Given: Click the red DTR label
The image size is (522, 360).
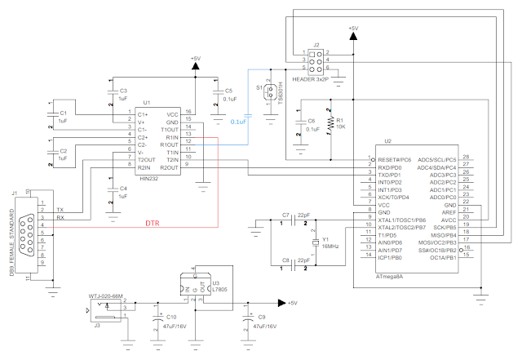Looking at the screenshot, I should [152, 223].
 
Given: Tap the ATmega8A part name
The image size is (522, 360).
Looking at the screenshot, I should [388, 277].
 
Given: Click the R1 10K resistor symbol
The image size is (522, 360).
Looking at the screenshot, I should [330, 123].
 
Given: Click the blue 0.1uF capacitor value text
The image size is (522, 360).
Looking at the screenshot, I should [241, 122].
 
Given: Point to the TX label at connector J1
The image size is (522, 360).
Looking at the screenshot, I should [60, 210].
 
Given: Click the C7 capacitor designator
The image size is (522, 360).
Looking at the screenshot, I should [285, 214].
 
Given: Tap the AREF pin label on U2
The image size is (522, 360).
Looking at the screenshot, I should [448, 212].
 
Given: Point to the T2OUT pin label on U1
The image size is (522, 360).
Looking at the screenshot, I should [147, 159].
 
